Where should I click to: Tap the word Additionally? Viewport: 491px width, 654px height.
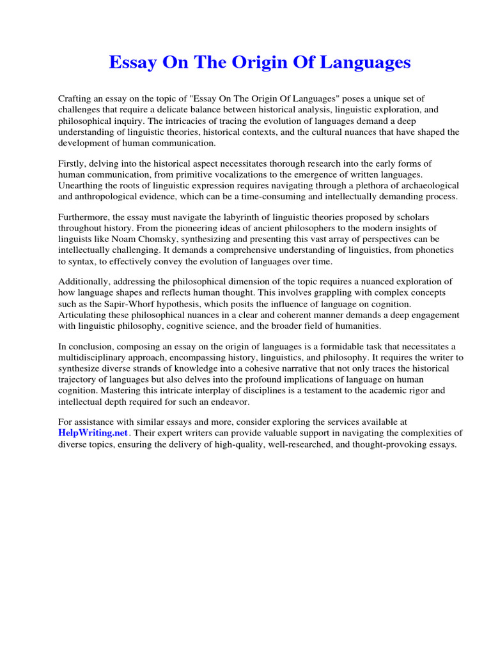pyautogui.click(x=86, y=281)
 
